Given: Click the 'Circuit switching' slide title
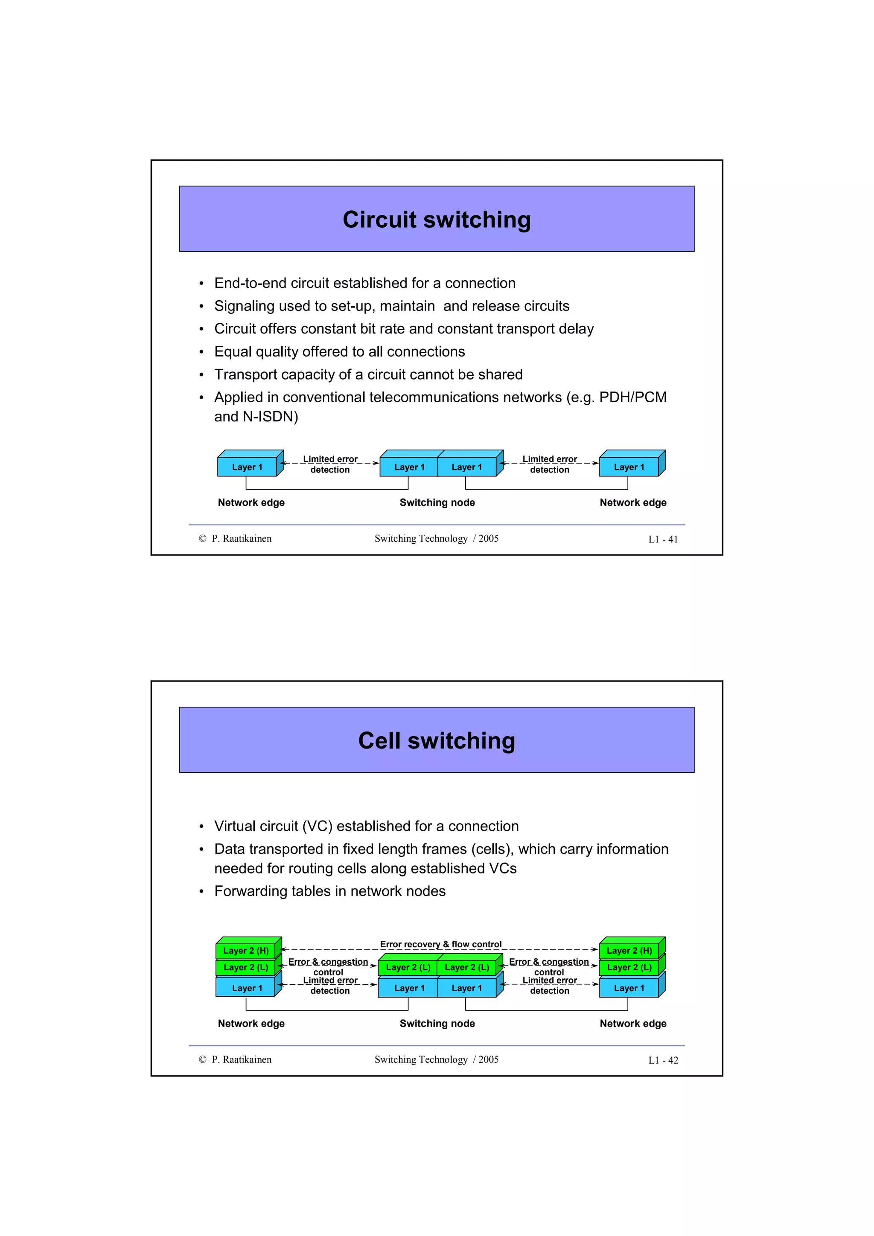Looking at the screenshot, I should [x=436, y=220].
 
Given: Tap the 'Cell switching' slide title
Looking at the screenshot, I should [x=436, y=741].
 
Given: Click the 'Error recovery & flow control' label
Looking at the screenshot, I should [x=440, y=944].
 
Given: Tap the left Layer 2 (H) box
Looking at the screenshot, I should [x=246, y=951].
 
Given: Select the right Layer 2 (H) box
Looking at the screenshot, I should [x=629, y=951].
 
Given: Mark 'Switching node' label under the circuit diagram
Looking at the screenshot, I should [x=437, y=502].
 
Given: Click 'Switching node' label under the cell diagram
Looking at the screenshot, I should [x=437, y=1023].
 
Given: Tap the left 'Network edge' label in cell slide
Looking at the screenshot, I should [x=251, y=1023].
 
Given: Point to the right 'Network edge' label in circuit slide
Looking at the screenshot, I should [x=633, y=502].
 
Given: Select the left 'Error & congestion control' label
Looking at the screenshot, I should [x=328, y=967].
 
